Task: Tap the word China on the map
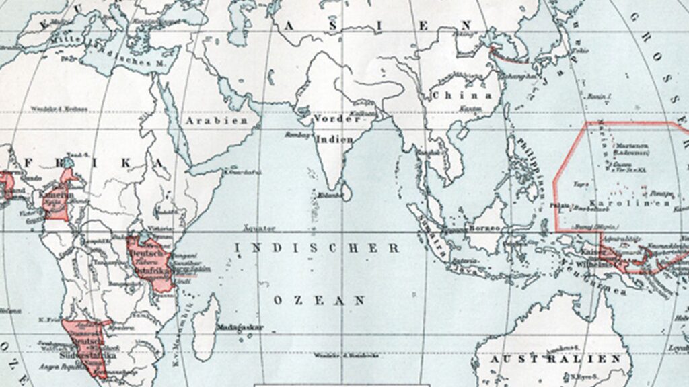click(462, 95)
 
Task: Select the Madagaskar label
click(240, 328)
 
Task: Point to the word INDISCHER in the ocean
click(317, 248)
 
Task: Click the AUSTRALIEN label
click(555, 360)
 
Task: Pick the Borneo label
click(484, 228)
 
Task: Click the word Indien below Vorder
click(334, 139)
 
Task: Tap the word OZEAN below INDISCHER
click(319, 300)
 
